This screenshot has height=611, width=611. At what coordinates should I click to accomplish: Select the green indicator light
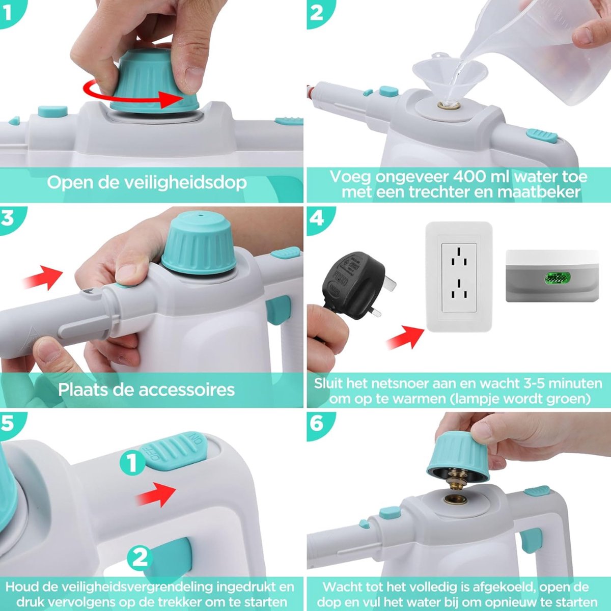coord(557,278)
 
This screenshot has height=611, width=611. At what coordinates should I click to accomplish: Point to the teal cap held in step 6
coord(458,456)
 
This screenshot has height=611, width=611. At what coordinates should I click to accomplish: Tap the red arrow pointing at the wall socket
coord(405,337)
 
